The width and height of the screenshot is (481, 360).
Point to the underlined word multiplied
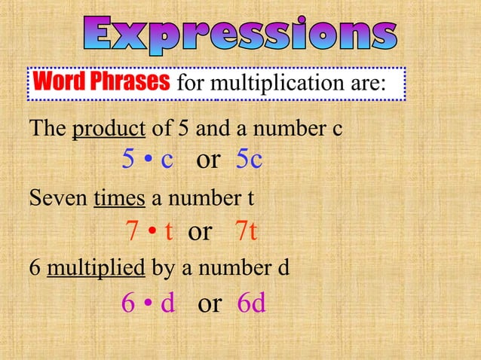(97, 267)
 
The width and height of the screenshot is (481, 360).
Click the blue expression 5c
(249, 159)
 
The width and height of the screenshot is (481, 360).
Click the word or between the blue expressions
(208, 159)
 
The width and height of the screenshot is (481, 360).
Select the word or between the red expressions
(200, 231)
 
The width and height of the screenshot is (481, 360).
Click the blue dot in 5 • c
(149, 160)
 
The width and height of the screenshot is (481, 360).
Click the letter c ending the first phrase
(337, 130)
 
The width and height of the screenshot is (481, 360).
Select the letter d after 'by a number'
(283, 267)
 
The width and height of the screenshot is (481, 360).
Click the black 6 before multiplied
(34, 267)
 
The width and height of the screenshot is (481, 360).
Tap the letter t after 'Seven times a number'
(250, 200)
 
